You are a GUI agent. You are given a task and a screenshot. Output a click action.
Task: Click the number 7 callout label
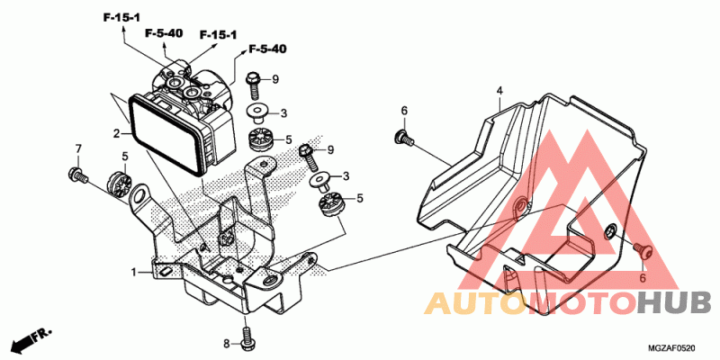coord(78,148)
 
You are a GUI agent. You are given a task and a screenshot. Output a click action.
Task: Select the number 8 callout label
coord(228,344)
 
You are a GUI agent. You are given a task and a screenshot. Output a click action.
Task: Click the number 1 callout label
coord(133,271)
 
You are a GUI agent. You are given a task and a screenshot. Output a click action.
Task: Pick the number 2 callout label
coord(116,134)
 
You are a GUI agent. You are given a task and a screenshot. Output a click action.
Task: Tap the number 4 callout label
coord(499,90)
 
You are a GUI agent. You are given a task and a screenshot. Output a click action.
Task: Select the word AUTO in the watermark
coord(472,303)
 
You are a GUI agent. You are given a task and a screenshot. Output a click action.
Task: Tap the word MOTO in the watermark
coord(577,303)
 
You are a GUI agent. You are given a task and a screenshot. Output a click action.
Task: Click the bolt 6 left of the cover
coord(401,137)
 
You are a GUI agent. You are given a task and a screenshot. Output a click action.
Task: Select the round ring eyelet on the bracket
coord(139,195)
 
